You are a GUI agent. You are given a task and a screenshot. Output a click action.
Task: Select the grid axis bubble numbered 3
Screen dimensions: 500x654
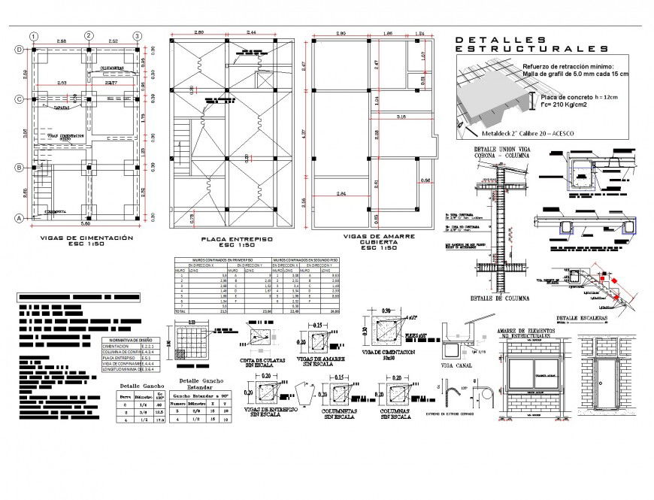click(138, 35)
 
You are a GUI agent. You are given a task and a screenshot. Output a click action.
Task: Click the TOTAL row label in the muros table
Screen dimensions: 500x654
click(180, 311)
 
